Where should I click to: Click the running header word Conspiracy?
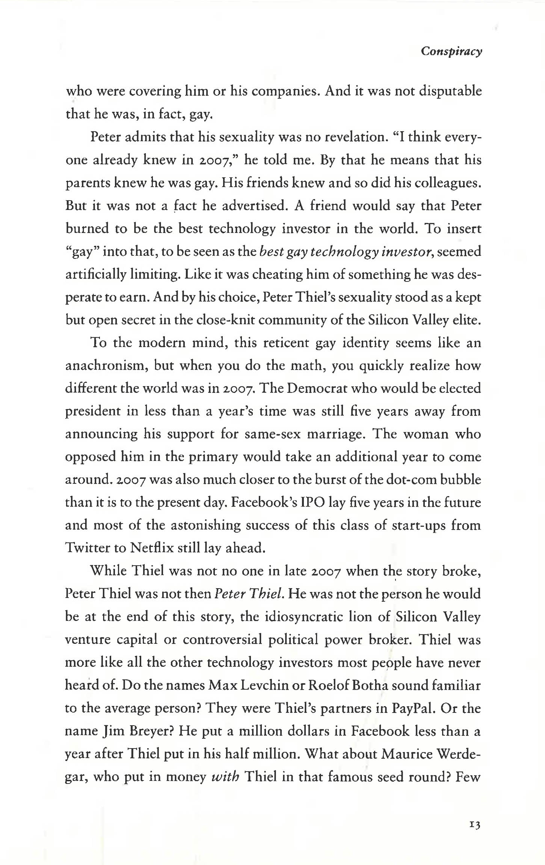[451, 51]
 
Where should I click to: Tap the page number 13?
[475, 825]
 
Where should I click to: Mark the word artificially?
[96, 275]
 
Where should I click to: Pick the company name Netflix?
[152, 548]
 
